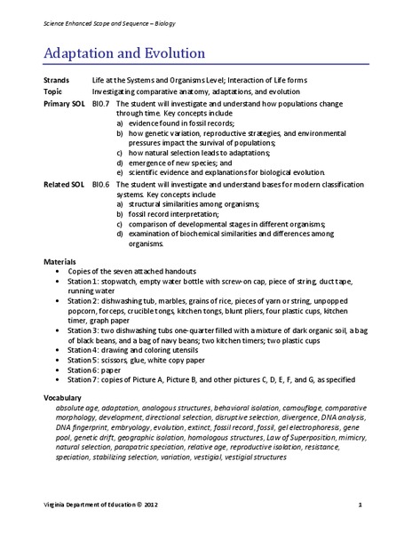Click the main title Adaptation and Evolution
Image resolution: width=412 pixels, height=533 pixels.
[x=124, y=53]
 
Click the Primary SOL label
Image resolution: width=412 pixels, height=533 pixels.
[x=64, y=103]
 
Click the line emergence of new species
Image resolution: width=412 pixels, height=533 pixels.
[x=182, y=162]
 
